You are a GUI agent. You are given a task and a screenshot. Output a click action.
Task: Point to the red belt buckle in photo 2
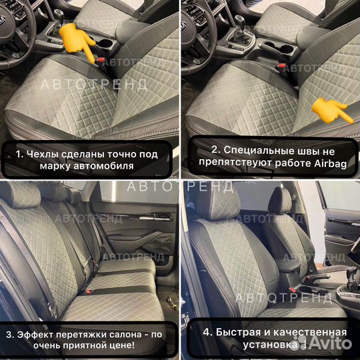tap(283, 65)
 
